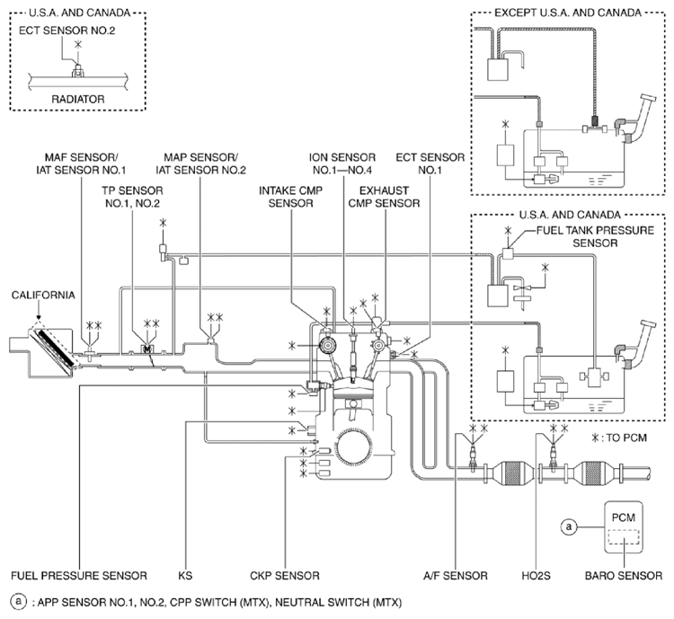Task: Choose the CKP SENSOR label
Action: [287, 575]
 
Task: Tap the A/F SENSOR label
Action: [456, 575]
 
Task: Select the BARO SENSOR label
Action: [628, 575]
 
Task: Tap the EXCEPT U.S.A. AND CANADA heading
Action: [567, 12]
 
